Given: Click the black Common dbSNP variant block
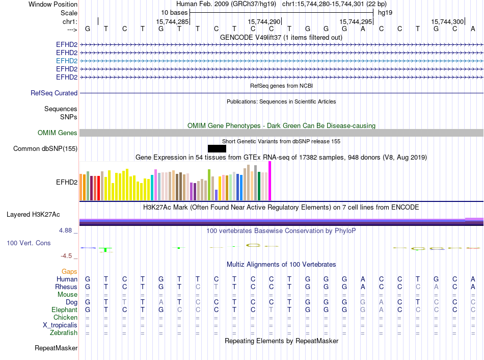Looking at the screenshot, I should pyautogui.click(x=217, y=148).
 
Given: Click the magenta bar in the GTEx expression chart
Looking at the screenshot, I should pyautogui.click(x=270, y=181).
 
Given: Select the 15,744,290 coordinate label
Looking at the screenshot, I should pyautogui.click(x=264, y=22).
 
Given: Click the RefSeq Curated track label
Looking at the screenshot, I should pyautogui.click(x=54, y=93).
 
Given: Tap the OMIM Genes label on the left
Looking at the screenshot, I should pyautogui.click(x=58, y=133).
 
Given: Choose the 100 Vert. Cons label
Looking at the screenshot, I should pyautogui.click(x=29, y=243).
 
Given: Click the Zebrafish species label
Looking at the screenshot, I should pyautogui.click(x=64, y=333).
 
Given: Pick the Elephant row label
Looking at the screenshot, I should pyautogui.click(x=64, y=310).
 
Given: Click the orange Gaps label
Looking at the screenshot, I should pyautogui.click(x=69, y=272).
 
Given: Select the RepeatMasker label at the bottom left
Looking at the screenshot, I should pyautogui.click(x=56, y=348).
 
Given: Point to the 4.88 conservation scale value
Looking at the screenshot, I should pyautogui.click(x=68, y=230).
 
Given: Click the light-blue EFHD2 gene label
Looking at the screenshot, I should pyautogui.click(x=67, y=61).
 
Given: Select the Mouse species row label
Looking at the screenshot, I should pyautogui.click(x=67, y=295).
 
